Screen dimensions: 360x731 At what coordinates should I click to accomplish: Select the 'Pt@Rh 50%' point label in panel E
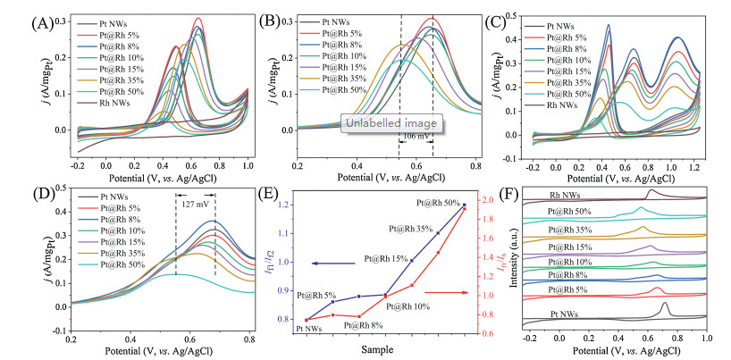tap(441, 202)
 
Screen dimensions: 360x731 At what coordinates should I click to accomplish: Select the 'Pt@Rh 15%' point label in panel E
tap(387, 259)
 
